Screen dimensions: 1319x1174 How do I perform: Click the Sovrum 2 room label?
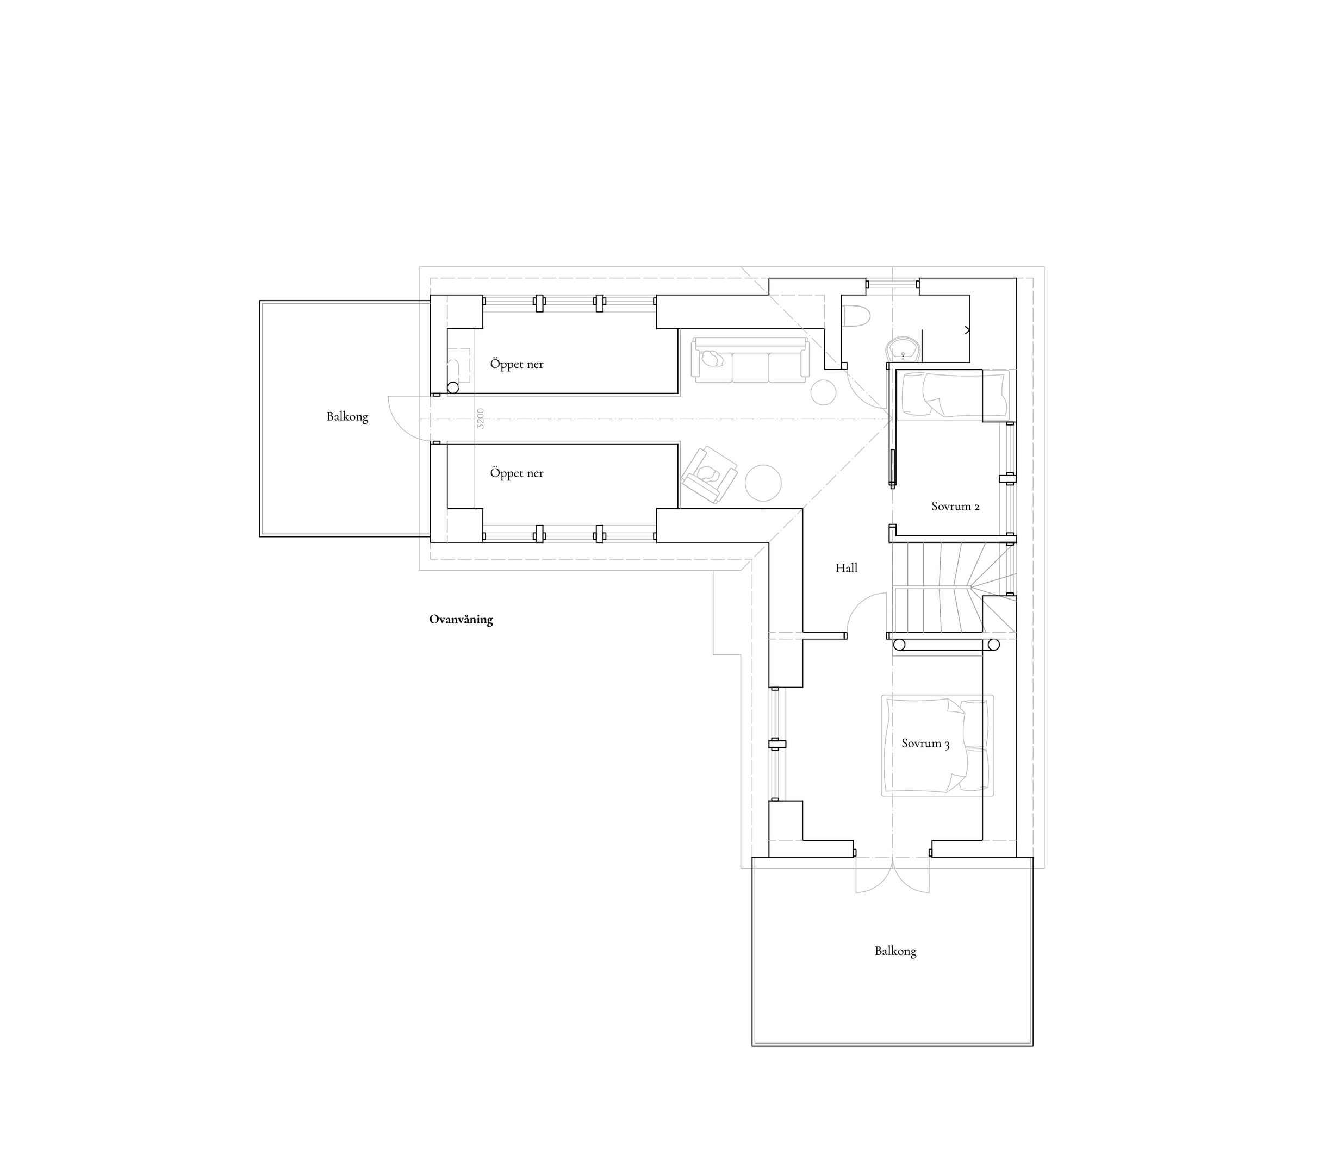[x=955, y=507]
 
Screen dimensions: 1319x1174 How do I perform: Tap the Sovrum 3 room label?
[x=925, y=743]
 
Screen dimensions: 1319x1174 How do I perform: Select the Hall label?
[x=847, y=567]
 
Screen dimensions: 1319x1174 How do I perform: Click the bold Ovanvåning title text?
[x=461, y=619]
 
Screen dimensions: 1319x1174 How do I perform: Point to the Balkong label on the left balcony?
[x=347, y=417]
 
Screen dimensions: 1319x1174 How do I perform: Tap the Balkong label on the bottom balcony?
[x=895, y=951]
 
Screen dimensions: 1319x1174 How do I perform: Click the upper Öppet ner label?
[x=517, y=364]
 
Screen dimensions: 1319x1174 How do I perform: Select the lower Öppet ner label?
[x=517, y=473]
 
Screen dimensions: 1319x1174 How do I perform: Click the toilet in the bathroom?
[x=857, y=316]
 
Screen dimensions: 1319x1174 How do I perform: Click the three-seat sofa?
[x=750, y=359]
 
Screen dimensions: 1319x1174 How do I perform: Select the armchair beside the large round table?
[x=709, y=474]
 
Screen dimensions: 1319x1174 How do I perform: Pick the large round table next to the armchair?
[x=763, y=483]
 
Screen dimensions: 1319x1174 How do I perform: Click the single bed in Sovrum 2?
[x=953, y=394]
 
